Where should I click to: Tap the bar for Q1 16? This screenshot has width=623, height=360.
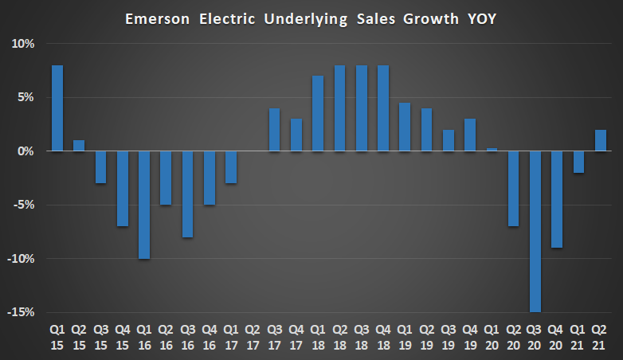(x=144, y=205)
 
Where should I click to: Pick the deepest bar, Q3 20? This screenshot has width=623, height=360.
(x=535, y=231)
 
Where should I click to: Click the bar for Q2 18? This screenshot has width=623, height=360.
(x=339, y=108)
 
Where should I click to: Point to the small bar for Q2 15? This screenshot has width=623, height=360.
(x=79, y=146)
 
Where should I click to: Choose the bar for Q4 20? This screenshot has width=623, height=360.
(x=557, y=199)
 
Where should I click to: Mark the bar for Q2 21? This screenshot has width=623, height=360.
(x=600, y=140)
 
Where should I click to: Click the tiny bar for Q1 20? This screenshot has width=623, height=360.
(x=492, y=150)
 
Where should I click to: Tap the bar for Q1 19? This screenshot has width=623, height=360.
(x=405, y=127)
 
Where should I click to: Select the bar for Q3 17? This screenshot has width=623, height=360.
(x=274, y=129)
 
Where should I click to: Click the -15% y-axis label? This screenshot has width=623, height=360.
(x=22, y=312)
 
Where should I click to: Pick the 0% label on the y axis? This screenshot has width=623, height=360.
(x=26, y=151)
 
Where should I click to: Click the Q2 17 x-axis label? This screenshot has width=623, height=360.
(x=253, y=335)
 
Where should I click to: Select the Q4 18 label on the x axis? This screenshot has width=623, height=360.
(x=383, y=335)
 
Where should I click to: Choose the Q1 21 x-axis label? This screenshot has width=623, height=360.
(x=578, y=335)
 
